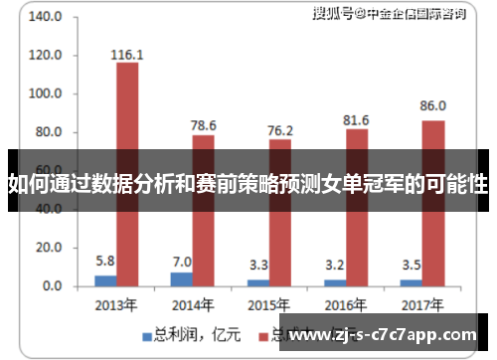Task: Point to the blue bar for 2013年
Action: pos(105,280)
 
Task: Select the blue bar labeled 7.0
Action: pos(182,279)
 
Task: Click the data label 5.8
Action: pos(105,261)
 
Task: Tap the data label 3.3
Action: pos(258,266)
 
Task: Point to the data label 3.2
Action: pos(335,266)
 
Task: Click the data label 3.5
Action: pos(412,266)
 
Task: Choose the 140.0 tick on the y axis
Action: pos(46,18)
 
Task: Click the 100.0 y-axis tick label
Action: pos(46,94)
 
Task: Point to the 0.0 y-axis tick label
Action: pos(52,286)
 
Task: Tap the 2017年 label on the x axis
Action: pos(422,306)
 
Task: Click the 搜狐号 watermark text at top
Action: pos(333,13)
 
